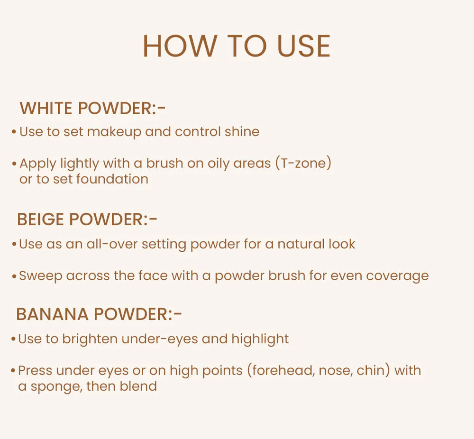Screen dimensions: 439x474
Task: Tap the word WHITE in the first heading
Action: [46, 109]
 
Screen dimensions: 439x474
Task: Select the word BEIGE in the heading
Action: [41, 219]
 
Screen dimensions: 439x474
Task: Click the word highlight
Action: [260, 339]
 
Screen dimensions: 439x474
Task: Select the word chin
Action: [374, 370]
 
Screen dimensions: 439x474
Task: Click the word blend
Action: [138, 386]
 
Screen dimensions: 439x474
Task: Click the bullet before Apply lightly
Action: [15, 164]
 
